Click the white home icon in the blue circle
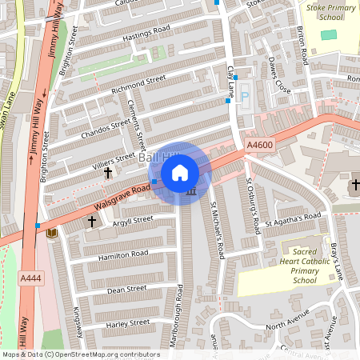coord(181,173)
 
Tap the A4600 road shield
coord(259,145)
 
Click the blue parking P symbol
coord(245,96)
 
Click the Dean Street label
coord(126,289)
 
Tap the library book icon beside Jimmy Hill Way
coord(52,233)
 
